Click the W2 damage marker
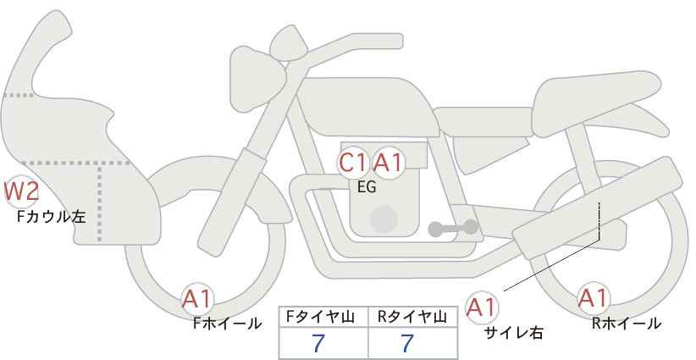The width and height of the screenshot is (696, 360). (21, 191)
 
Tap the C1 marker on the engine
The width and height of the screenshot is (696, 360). (353, 163)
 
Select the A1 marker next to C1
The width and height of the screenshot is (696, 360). (389, 163)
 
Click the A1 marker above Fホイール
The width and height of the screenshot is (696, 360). (197, 299)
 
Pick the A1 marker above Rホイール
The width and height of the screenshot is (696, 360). (593, 298)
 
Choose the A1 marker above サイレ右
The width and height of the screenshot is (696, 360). (482, 307)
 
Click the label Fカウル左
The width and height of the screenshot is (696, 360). (52, 217)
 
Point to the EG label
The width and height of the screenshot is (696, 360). (367, 187)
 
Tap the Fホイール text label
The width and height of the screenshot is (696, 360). (227, 324)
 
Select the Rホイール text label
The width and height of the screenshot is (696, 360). (627, 324)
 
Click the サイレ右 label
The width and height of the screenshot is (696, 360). (514, 333)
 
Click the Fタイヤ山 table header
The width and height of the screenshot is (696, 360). (320, 317)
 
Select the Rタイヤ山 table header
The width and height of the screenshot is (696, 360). (412, 317)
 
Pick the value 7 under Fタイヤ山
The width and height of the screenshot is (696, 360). (318, 343)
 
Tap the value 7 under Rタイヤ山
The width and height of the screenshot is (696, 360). (407, 343)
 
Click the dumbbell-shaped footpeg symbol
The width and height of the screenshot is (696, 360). (453, 228)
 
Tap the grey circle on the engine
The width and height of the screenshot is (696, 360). (384, 219)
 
